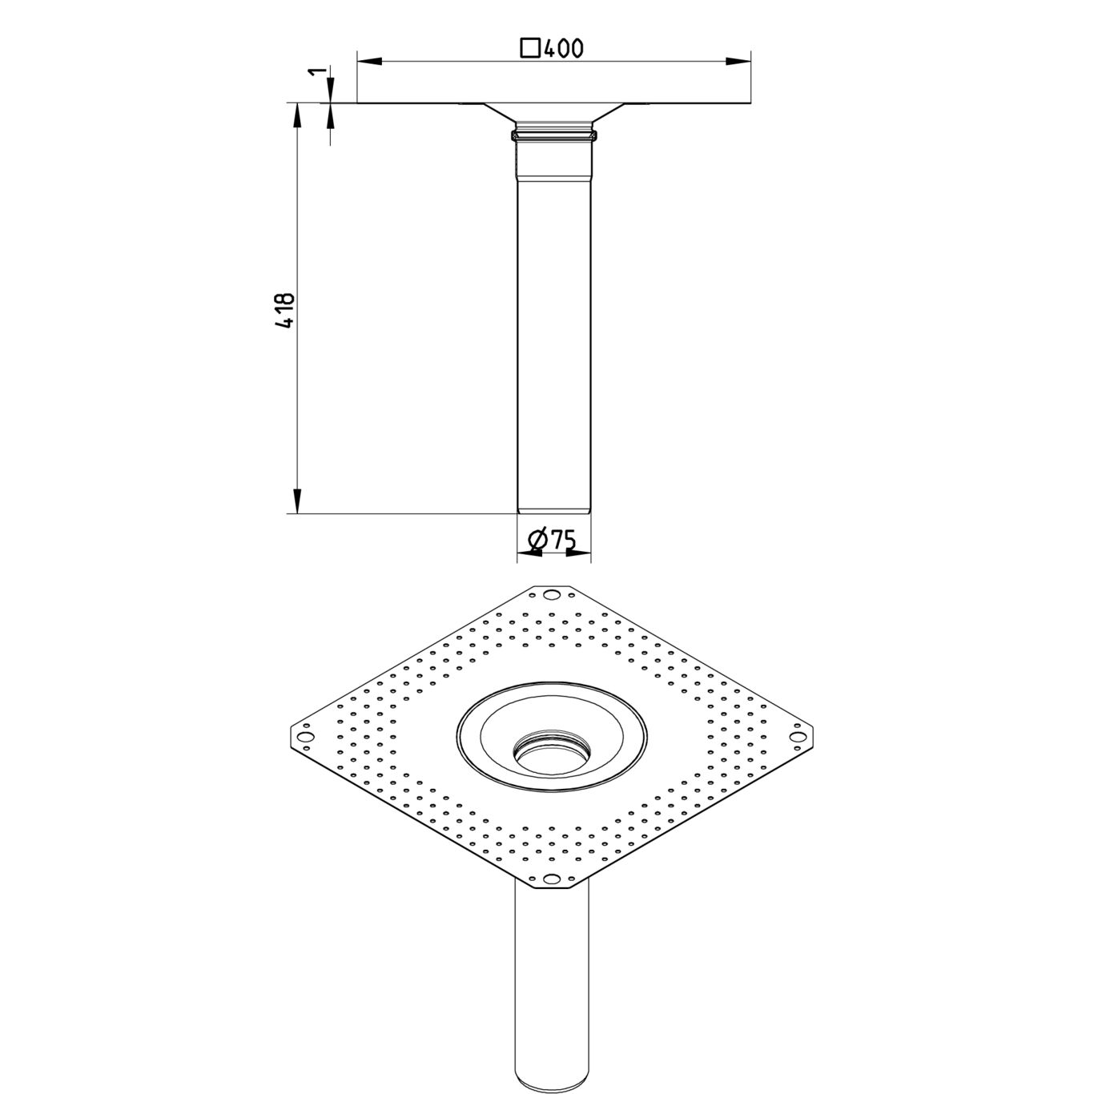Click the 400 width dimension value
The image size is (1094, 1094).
[x=563, y=49]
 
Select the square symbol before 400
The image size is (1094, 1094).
[x=529, y=49]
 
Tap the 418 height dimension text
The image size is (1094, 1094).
[x=285, y=310]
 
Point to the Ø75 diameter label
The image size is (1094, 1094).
[x=553, y=541]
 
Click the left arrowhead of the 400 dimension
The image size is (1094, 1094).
[x=368, y=61]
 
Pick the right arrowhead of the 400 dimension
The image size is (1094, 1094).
[x=738, y=61]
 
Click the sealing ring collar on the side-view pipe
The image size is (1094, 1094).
[x=553, y=133]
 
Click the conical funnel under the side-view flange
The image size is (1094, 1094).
[x=553, y=112]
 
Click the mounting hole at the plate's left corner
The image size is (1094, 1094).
[x=304, y=737]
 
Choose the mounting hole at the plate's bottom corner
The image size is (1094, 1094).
[x=551, y=879]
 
